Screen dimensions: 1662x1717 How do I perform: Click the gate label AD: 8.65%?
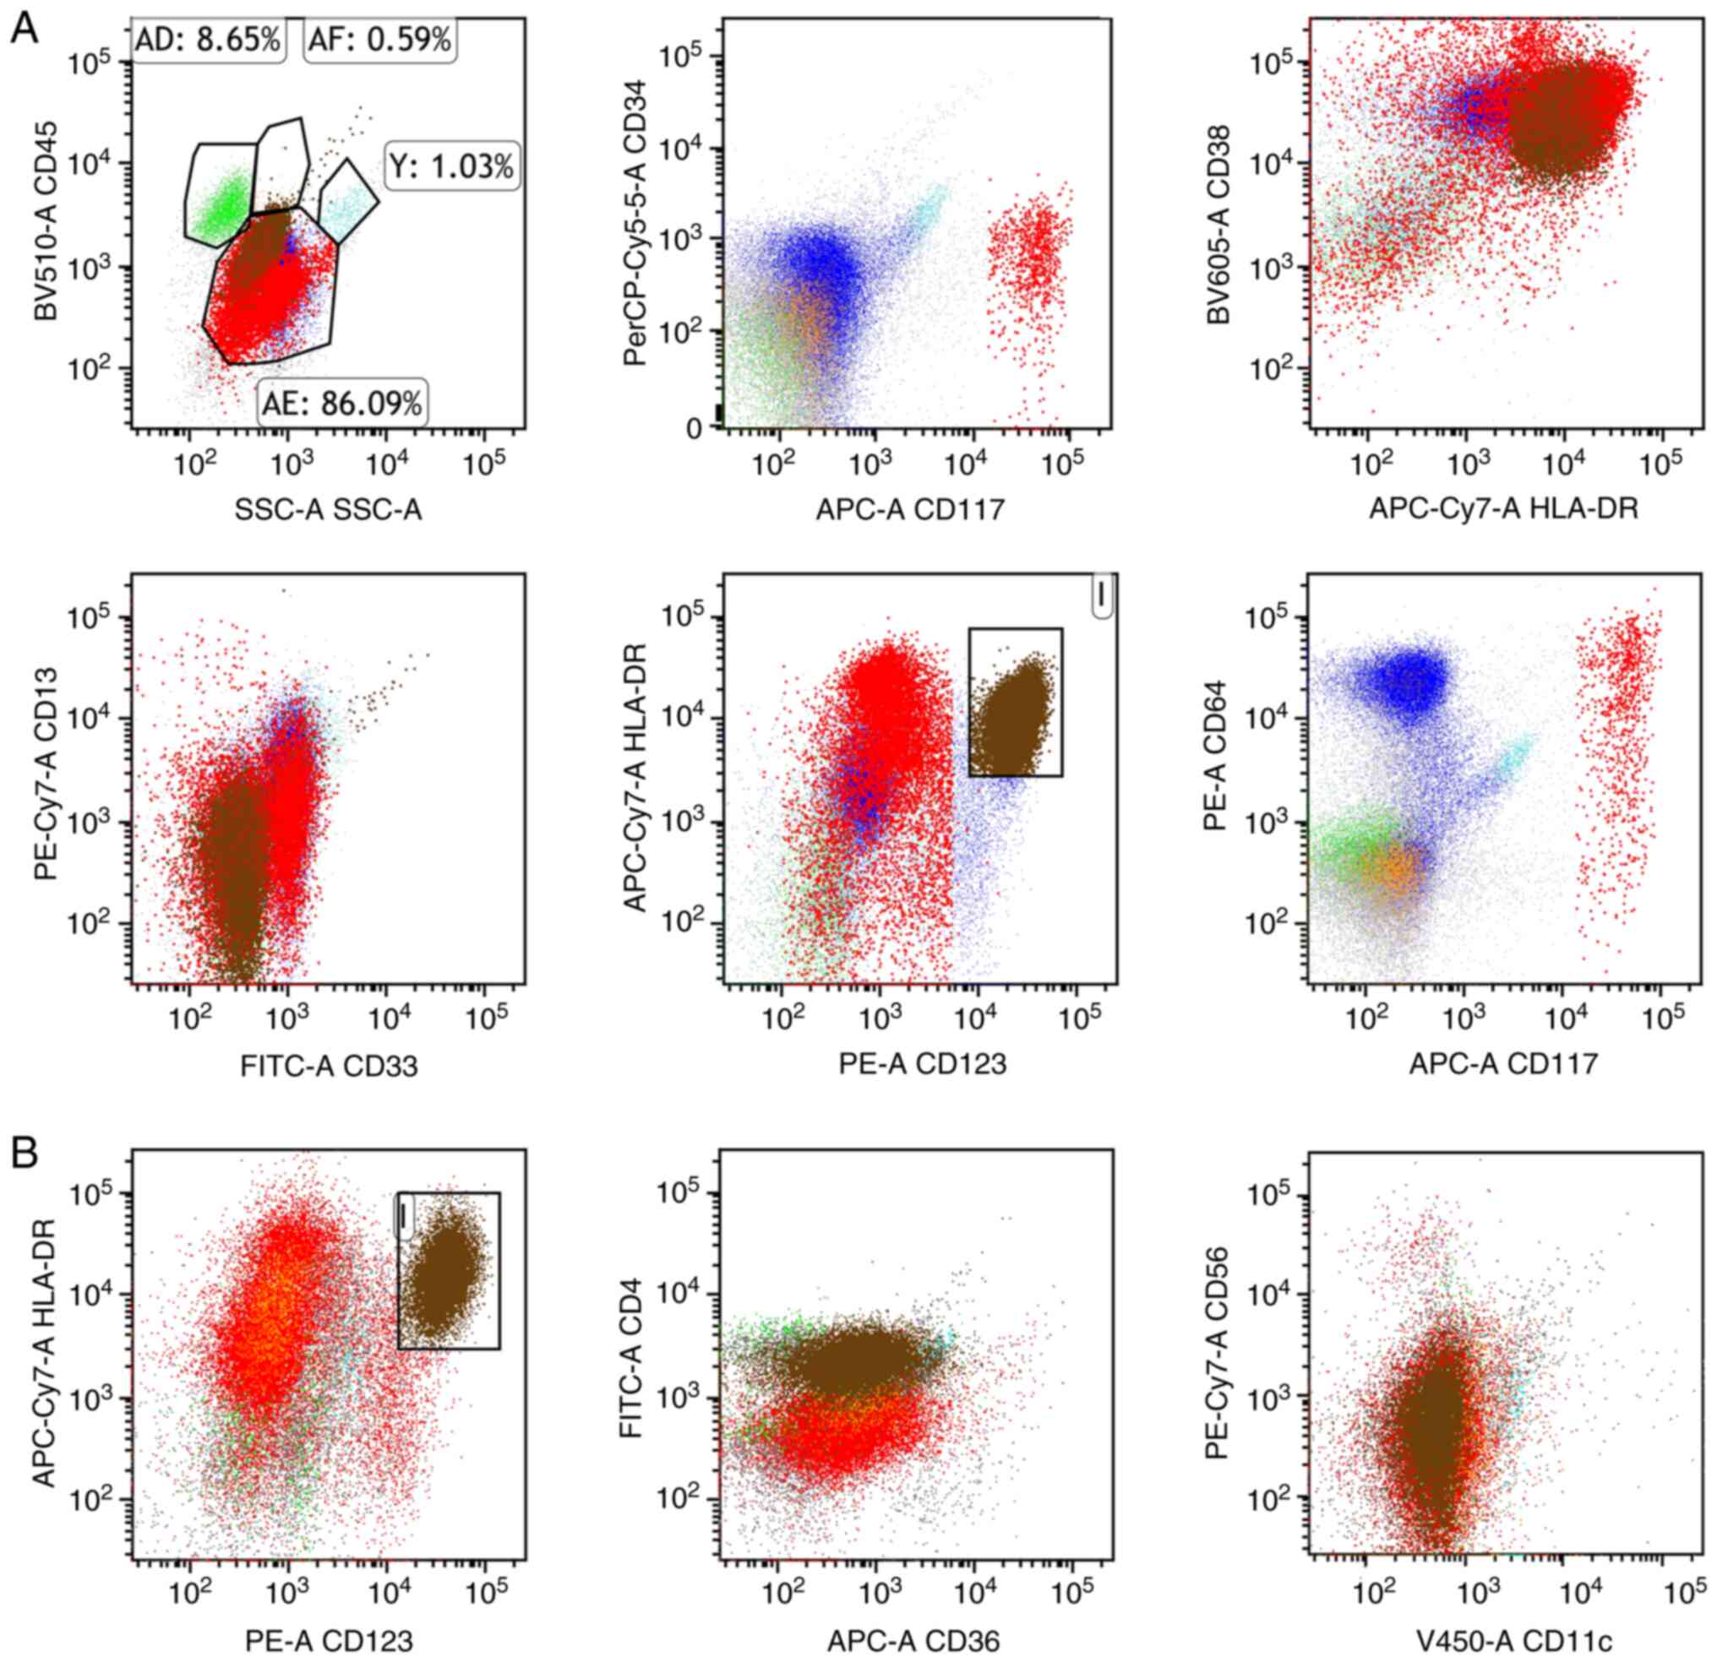tap(210, 40)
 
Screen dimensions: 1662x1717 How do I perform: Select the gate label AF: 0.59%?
tap(379, 40)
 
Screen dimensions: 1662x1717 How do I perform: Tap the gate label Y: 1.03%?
tap(452, 166)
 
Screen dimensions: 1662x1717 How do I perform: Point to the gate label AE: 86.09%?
tap(342, 404)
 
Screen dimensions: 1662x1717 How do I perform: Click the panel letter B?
tap(24, 1154)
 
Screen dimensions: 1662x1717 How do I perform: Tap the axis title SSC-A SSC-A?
tap(328, 509)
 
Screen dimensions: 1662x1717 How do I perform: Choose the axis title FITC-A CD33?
tap(329, 1066)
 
